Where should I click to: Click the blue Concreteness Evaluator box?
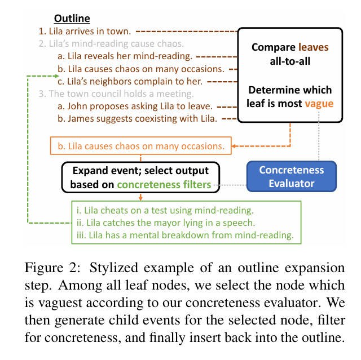coord(292,176)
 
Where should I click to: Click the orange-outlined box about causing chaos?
coord(141,146)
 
